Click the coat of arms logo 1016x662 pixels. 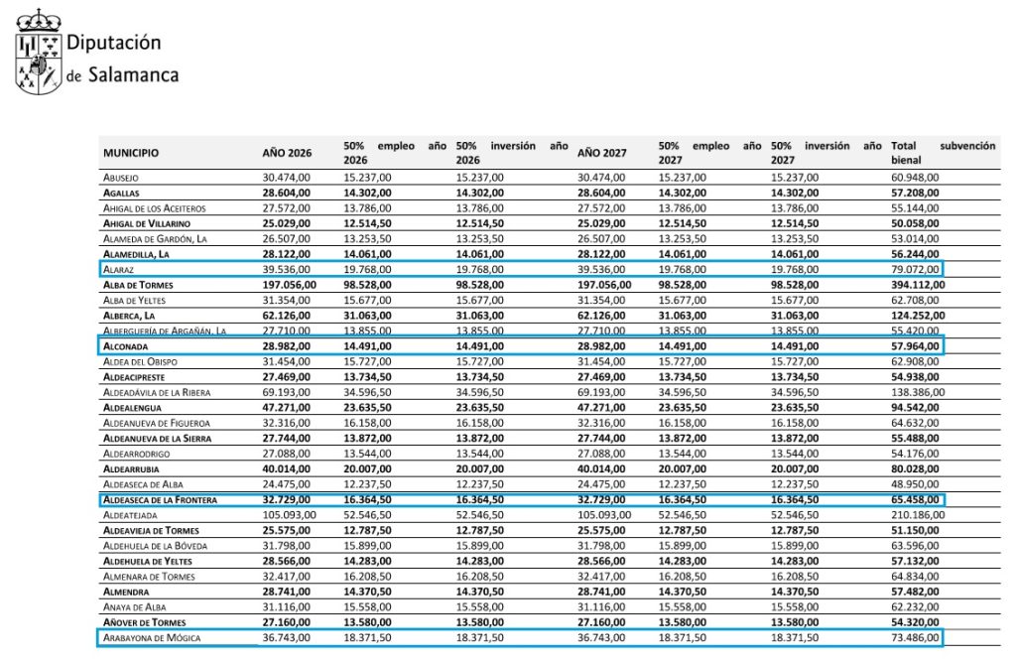click(37, 53)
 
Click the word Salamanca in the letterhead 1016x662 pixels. click(133, 74)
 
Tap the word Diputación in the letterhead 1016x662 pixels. click(113, 43)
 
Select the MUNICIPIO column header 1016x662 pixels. click(131, 153)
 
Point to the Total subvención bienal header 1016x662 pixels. click(942, 152)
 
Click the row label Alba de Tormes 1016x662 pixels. click(140, 284)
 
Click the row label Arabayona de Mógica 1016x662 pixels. click(152, 637)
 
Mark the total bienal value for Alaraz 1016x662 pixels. click(916, 268)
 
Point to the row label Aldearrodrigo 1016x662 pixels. click(136, 453)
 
